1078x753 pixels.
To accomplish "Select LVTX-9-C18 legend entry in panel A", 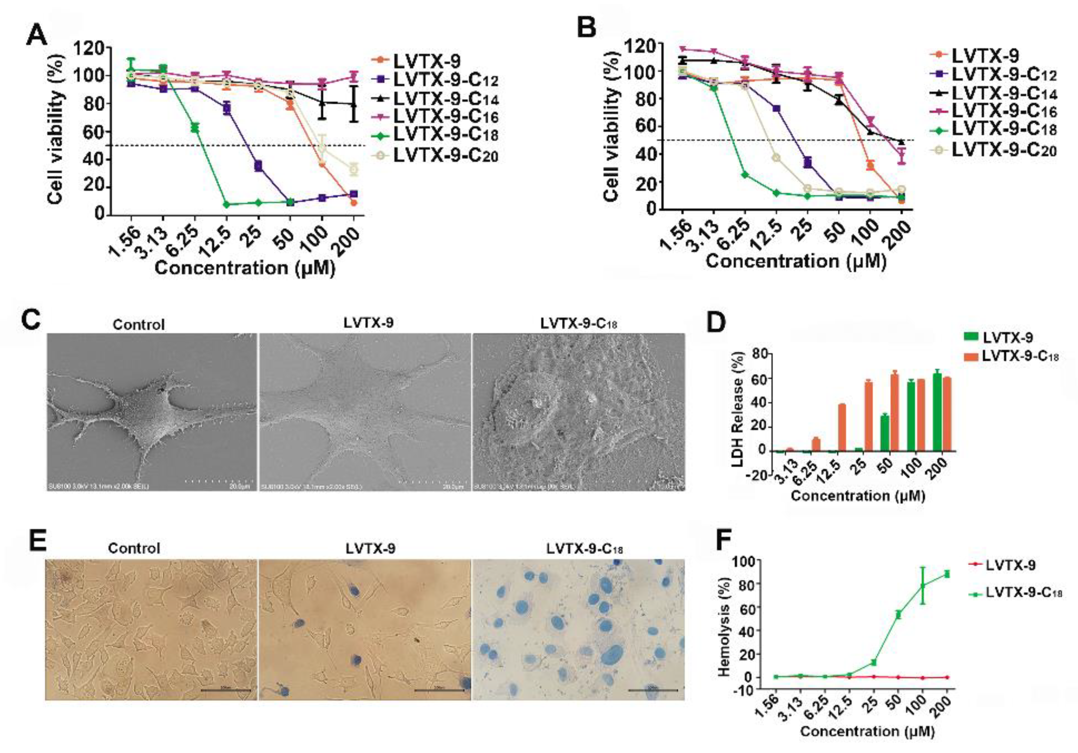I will (x=445, y=135).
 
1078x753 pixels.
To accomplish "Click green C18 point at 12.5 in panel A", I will (x=227, y=204).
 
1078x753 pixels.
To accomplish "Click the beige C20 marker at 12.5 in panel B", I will (x=776, y=158).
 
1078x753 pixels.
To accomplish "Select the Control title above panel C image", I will (x=139, y=325).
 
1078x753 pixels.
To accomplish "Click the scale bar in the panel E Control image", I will (x=225, y=690).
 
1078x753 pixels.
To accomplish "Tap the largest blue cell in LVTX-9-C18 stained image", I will (x=612, y=653).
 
